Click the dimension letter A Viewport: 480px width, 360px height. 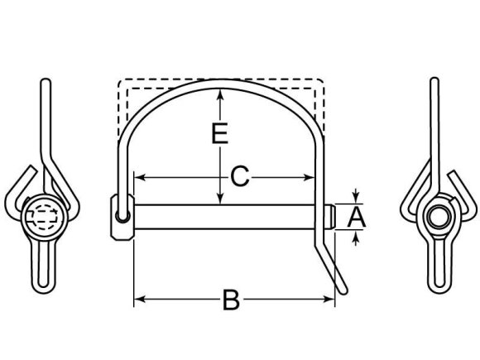click(357, 218)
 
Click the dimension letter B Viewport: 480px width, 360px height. click(232, 300)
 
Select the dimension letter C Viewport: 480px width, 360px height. click(238, 177)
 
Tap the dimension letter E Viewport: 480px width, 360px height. click(218, 134)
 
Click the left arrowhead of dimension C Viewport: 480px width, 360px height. click(140, 177)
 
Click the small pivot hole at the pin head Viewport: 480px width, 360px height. click(122, 217)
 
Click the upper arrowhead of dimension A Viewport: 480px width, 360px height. click(357, 198)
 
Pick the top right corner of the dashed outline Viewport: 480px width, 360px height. click(322, 81)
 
